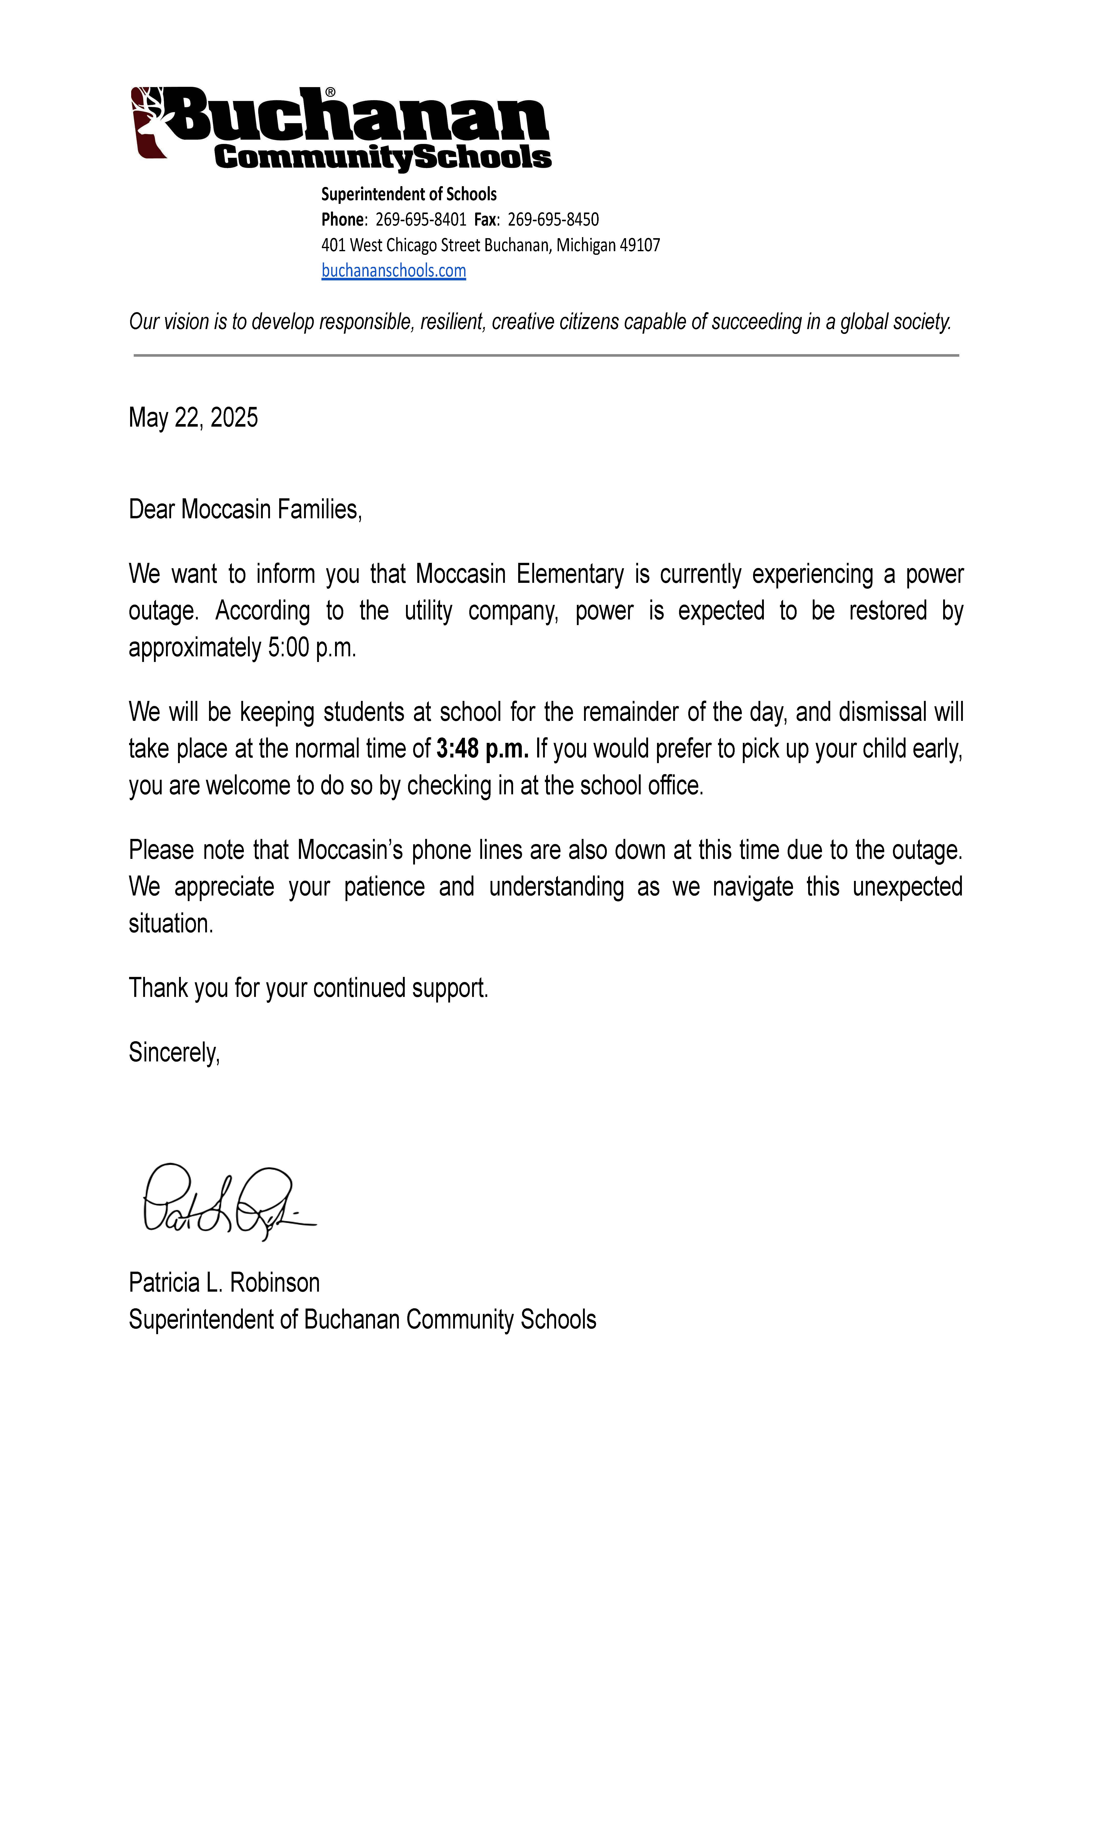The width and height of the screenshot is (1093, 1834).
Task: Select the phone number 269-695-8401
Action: click(421, 219)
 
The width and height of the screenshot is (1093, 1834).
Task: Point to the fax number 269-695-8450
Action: click(553, 219)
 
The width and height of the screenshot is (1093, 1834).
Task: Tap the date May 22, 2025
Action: click(193, 417)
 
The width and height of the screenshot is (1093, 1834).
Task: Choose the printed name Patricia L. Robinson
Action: click(224, 1283)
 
